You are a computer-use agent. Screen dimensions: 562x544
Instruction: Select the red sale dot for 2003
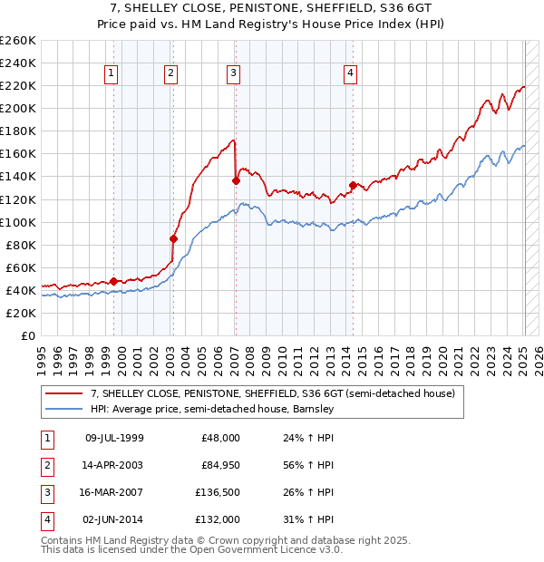173,238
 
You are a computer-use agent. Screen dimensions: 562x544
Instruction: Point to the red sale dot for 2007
236,180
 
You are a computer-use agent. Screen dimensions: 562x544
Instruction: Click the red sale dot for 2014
352,185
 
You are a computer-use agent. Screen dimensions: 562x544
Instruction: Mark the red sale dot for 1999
113,281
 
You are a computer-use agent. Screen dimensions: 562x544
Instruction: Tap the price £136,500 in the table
215,494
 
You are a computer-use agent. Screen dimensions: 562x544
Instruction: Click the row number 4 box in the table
45,520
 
